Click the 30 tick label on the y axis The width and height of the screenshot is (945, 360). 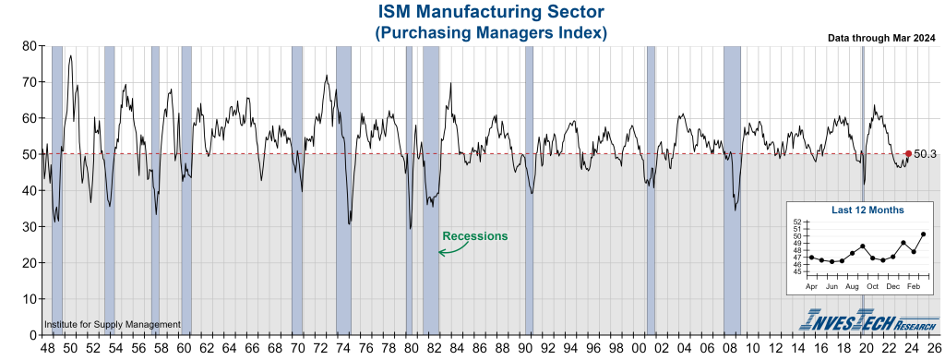click(x=30, y=226)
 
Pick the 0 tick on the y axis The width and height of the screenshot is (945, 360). click(x=32, y=335)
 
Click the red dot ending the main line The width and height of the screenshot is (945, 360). click(x=908, y=154)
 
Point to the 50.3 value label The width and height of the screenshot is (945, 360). click(x=926, y=154)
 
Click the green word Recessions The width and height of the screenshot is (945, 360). click(x=474, y=236)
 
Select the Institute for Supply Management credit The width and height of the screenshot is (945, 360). click(x=113, y=325)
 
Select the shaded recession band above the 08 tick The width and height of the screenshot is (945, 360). click(x=732, y=189)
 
